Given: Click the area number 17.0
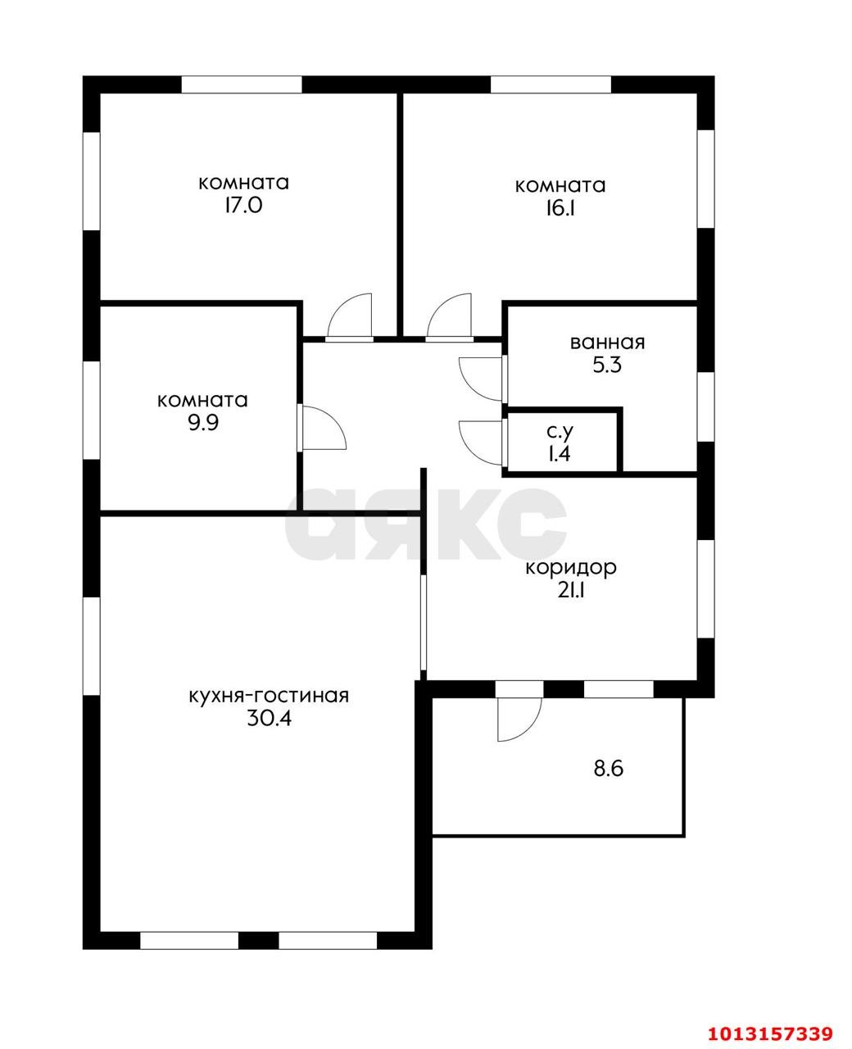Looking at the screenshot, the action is (243, 206).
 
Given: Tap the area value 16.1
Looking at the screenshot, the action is (560, 208).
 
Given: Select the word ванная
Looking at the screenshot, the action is (607, 343).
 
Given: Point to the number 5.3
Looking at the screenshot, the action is (607, 365).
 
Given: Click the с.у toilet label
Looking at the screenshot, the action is (560, 431).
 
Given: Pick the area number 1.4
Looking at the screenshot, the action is (560, 453).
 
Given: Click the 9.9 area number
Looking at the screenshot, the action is (203, 423).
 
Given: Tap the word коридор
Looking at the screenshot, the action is (571, 568).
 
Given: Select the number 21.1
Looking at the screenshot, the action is (571, 590).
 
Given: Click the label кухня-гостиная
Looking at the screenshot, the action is (269, 696).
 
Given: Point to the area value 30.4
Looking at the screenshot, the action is (269, 719).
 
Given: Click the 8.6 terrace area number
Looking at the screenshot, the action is (609, 782).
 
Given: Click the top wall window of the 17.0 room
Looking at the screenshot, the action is (241, 84).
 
